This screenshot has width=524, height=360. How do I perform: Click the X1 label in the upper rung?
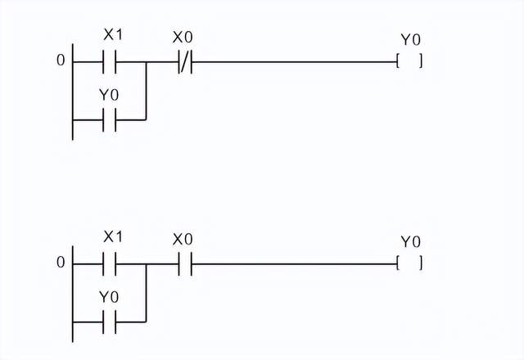(113, 35)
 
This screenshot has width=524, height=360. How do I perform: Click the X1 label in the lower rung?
(113, 237)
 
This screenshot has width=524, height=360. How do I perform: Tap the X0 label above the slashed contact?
(183, 37)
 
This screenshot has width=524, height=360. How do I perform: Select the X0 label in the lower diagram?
(183, 239)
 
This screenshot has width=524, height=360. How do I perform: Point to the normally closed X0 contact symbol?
(185, 61)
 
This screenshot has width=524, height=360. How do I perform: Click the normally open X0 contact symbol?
(185, 263)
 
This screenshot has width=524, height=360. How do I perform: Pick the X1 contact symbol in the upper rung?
(110, 61)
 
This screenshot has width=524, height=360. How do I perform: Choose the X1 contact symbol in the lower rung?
(110, 263)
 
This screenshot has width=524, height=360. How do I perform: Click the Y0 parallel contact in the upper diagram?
(110, 119)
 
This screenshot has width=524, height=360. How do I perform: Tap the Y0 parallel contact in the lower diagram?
(110, 322)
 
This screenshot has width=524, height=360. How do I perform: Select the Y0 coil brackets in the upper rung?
(409, 61)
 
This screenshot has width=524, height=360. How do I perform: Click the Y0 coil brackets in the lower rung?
(409, 263)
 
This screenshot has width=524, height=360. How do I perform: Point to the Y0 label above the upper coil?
(410, 39)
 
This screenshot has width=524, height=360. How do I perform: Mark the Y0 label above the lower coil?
(410, 241)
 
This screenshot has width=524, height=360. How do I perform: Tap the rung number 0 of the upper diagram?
(60, 61)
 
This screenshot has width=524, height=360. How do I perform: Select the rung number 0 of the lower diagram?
(60, 263)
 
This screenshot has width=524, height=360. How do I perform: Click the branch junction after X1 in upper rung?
(146, 61)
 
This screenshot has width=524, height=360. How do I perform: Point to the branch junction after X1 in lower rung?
(146, 263)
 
